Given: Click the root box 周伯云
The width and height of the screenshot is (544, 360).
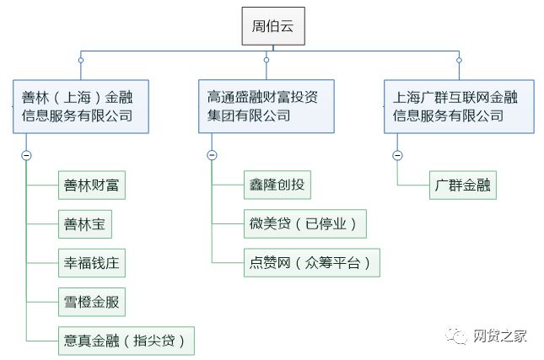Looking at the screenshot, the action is click(273, 26).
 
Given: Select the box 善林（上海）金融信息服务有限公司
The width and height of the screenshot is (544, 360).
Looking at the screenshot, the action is click(81, 106).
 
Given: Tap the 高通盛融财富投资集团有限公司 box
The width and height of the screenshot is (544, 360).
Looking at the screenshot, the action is click(267, 106).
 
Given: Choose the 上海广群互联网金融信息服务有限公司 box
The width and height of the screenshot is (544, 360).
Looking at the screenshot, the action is click(459, 106).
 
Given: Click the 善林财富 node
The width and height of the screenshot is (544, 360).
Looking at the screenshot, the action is click(92, 185).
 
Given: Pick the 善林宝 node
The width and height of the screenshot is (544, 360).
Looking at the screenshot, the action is click(85, 224).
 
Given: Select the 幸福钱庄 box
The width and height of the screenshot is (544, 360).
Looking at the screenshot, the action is click(92, 263).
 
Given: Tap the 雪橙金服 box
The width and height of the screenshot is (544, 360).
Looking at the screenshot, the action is click(92, 302).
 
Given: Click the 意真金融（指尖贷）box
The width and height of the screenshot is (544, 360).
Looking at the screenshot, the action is click(127, 341).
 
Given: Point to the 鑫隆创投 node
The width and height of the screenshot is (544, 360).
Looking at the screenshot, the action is click(277, 185).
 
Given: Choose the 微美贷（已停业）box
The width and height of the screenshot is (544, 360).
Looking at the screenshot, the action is click(305, 223).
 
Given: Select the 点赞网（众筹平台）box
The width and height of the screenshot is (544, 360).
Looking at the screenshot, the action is click(312, 262).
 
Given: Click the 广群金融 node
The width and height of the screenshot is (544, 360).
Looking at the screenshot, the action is click(463, 185).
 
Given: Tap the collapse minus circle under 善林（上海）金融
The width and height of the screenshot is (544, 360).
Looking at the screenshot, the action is click(26, 155).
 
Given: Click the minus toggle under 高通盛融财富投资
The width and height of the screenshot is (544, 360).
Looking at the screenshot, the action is click(212, 154).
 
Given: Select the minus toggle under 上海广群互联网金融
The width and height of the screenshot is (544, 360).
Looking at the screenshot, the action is click(397, 155).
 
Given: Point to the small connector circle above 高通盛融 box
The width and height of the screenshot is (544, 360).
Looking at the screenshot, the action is click(267, 60).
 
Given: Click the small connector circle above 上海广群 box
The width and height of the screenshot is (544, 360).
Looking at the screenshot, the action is click(459, 61).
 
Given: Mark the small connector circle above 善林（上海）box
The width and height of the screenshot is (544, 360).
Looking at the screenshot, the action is click(81, 61).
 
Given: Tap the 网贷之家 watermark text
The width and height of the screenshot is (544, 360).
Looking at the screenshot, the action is click(500, 336).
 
